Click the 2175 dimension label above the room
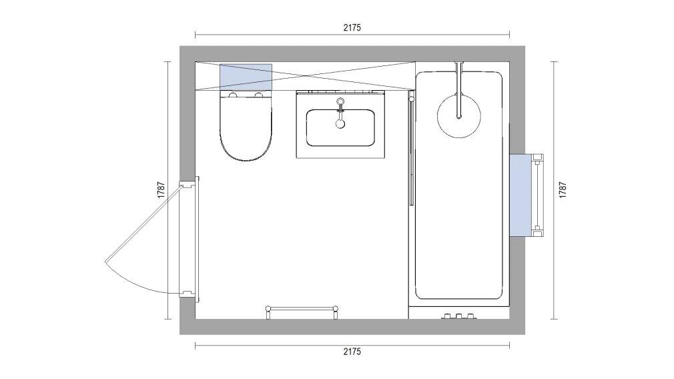(352, 27)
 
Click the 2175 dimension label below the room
(352, 352)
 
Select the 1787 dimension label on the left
(161, 190)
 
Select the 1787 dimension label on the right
(563, 190)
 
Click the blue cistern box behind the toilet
(246, 75)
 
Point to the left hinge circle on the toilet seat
(232, 96)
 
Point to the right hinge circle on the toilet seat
(259, 96)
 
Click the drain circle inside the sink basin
(340, 123)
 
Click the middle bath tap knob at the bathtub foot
(458, 315)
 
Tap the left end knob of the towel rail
(268, 308)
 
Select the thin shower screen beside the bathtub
(411, 150)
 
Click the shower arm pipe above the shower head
(458, 83)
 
